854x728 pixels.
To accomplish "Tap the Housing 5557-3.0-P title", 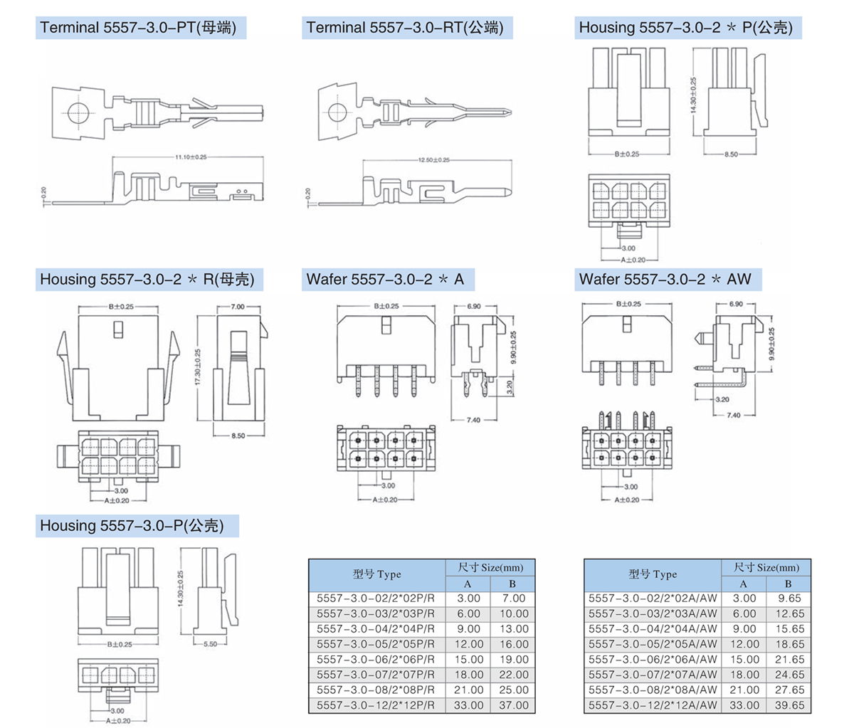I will (132, 526).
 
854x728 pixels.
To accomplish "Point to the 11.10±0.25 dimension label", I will (191, 157).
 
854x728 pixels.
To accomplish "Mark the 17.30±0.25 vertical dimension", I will (198, 367).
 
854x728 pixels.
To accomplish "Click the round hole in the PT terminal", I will (77, 112).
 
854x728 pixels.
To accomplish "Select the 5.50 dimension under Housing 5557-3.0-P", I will (210, 644).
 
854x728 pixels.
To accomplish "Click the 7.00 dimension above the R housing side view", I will (237, 307).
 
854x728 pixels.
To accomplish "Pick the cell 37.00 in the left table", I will (513, 705).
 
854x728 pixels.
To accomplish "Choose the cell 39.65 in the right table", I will (789, 705).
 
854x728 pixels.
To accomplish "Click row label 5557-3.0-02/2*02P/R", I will (375, 598).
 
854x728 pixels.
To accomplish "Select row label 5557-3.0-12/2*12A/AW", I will (653, 705).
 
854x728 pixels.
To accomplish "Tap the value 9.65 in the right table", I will (789, 598).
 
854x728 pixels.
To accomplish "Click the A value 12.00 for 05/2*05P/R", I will (468, 644).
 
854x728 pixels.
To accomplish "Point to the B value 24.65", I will (789, 675).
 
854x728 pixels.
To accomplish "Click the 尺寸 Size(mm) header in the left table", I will (490, 568).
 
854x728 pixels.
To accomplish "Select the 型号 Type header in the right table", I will (653, 574).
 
